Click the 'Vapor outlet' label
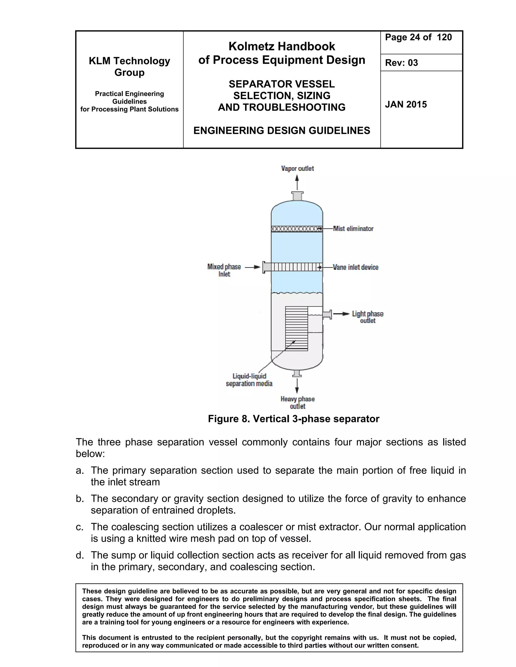coord(297,169)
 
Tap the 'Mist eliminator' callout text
coord(353,229)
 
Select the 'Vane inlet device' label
coord(356,267)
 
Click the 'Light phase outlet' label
coord(367,317)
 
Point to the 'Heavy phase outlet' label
coord(298,402)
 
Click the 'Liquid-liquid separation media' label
coord(249,380)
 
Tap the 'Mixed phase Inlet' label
coord(224,270)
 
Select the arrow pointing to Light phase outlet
coord(341,314)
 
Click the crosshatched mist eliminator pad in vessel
coord(297,229)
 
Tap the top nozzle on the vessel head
coord(297,196)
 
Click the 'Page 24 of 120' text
coord(418,37)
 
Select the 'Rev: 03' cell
coord(401,63)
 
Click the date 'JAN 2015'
coord(406,104)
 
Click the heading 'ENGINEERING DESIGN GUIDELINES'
coord(281,130)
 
